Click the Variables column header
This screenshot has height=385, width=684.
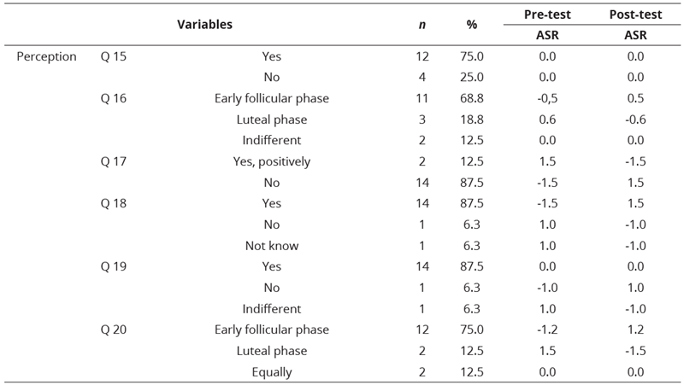[x=204, y=25]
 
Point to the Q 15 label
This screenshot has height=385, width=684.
[x=113, y=56]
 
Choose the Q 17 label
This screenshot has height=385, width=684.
[x=113, y=161]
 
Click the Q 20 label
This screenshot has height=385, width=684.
[x=113, y=330]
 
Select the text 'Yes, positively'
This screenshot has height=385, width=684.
[x=272, y=161]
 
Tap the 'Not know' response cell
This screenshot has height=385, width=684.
[x=272, y=246]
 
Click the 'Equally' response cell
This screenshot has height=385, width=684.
[x=272, y=372]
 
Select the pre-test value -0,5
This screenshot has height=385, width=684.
[x=547, y=98]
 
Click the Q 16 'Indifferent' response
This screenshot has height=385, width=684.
[x=272, y=140]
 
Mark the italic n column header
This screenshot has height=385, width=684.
[x=419, y=25]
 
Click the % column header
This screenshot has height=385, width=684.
[x=471, y=25]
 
